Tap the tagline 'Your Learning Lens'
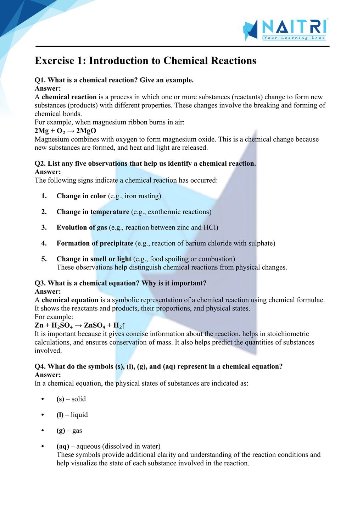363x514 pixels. point(294,38)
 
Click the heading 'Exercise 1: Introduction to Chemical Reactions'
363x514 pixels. point(145,61)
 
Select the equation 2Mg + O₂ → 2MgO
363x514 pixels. point(65,131)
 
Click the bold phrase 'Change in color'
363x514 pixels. point(81,196)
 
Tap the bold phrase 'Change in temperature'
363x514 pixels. point(93,212)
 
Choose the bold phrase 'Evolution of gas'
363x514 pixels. point(82,227)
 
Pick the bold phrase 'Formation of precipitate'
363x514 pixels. point(95,243)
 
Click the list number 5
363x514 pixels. point(44,259)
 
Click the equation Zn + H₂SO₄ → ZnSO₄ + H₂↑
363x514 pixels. point(80,326)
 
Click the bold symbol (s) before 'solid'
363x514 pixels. point(60,399)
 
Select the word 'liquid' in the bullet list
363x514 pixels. point(79,415)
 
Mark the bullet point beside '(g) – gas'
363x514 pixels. point(43,431)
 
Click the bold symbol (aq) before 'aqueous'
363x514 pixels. point(63,446)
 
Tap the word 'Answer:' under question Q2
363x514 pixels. point(48,172)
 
